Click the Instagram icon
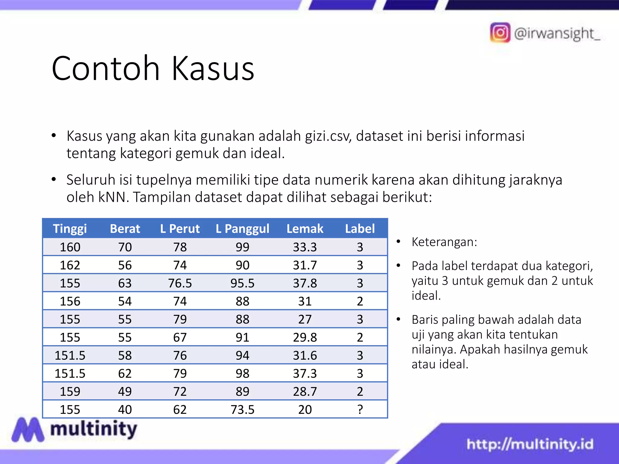(500, 33)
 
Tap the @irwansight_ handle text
(557, 33)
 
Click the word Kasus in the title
(213, 69)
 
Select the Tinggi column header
(70, 229)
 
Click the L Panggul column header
(242, 229)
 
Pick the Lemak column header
(305, 229)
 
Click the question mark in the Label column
(360, 409)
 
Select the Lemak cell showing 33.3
(305, 247)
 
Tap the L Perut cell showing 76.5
(180, 283)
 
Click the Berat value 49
(125, 391)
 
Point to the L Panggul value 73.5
(242, 409)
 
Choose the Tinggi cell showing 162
(70, 265)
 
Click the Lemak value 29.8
(305, 337)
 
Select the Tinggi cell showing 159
(70, 391)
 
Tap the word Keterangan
(444, 242)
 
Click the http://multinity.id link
(530, 444)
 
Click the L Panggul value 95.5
(242, 283)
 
